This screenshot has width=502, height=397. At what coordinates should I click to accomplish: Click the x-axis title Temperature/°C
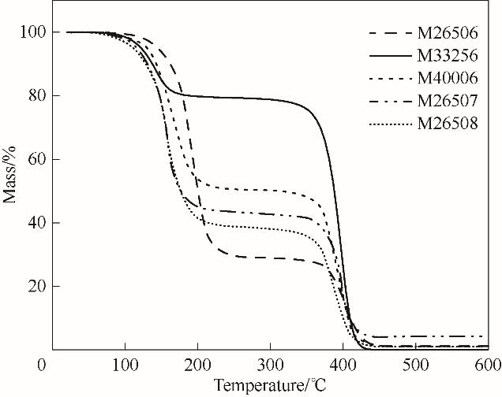(x=269, y=386)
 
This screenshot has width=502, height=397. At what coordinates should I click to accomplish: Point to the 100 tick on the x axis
(x=125, y=365)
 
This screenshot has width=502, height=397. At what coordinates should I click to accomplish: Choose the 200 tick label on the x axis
(x=197, y=365)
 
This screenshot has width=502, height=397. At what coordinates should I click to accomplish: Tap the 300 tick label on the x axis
(x=270, y=365)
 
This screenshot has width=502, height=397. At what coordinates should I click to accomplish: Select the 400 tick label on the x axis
(x=343, y=365)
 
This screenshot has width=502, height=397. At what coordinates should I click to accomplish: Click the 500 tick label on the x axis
(x=415, y=365)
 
